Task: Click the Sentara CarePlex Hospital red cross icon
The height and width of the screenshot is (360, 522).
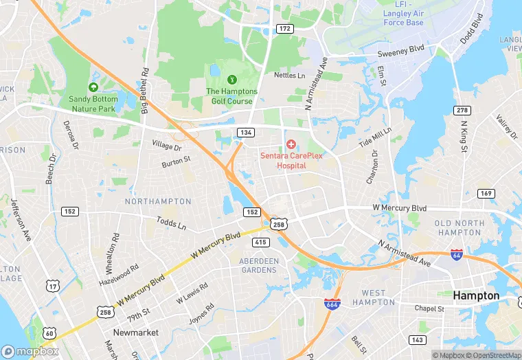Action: (291, 144)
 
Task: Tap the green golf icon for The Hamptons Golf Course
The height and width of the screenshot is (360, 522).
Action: (231, 80)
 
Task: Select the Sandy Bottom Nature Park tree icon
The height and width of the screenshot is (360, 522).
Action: (93, 87)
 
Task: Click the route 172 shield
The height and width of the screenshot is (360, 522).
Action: (284, 28)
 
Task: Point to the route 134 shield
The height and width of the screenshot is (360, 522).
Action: (246, 131)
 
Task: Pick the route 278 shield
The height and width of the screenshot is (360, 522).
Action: (462, 111)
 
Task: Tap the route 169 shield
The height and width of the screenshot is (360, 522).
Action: (486, 194)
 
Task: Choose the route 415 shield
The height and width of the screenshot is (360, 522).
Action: (260, 242)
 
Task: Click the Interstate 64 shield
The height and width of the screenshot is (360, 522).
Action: (457, 254)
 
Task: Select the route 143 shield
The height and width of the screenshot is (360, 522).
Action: (417, 340)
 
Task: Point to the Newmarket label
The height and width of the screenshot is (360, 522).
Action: (136, 333)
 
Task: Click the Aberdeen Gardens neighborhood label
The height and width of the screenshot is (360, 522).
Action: (259, 265)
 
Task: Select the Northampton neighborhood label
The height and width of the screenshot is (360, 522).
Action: (158, 201)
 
